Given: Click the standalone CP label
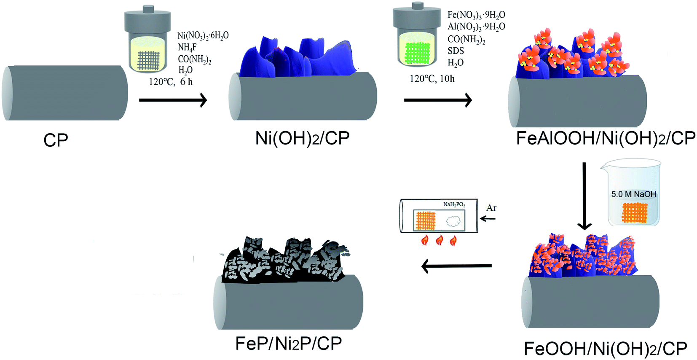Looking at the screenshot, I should [56, 140].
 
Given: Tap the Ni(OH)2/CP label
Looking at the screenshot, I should [302, 138].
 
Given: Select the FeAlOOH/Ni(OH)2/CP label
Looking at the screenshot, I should [606, 138].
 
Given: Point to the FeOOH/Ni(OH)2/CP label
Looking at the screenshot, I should [605, 349].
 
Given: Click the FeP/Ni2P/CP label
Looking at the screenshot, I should [288, 344].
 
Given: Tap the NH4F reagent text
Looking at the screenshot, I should [187, 47].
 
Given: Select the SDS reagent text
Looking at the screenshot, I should [456, 51].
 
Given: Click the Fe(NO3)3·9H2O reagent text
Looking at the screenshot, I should [476, 15].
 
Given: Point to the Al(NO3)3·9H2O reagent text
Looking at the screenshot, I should [476, 27].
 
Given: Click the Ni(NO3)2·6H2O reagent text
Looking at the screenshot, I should [203, 35].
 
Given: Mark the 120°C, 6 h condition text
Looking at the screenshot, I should [170, 82].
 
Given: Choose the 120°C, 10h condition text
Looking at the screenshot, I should [432, 78].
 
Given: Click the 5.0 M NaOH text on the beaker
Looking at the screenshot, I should [633, 194].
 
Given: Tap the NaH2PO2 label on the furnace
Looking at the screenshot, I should [454, 204].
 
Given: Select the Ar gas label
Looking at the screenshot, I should [491, 208].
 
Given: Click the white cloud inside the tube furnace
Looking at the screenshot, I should [453, 221].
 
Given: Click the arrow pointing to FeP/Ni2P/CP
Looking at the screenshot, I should [456, 266].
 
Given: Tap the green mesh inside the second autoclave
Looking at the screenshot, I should [417, 53].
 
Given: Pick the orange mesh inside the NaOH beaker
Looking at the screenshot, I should [634, 213].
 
